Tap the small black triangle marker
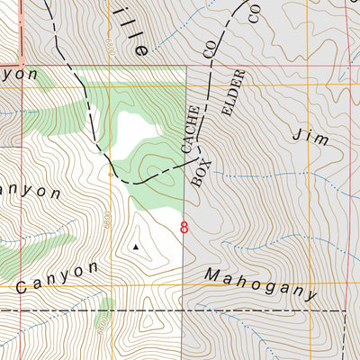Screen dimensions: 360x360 point(136,245)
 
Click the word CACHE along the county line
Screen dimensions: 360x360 point(190,138)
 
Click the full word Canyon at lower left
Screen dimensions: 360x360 point(56,278)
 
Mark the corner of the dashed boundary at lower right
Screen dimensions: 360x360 point(346,311)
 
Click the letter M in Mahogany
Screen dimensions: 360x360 point(211,274)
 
